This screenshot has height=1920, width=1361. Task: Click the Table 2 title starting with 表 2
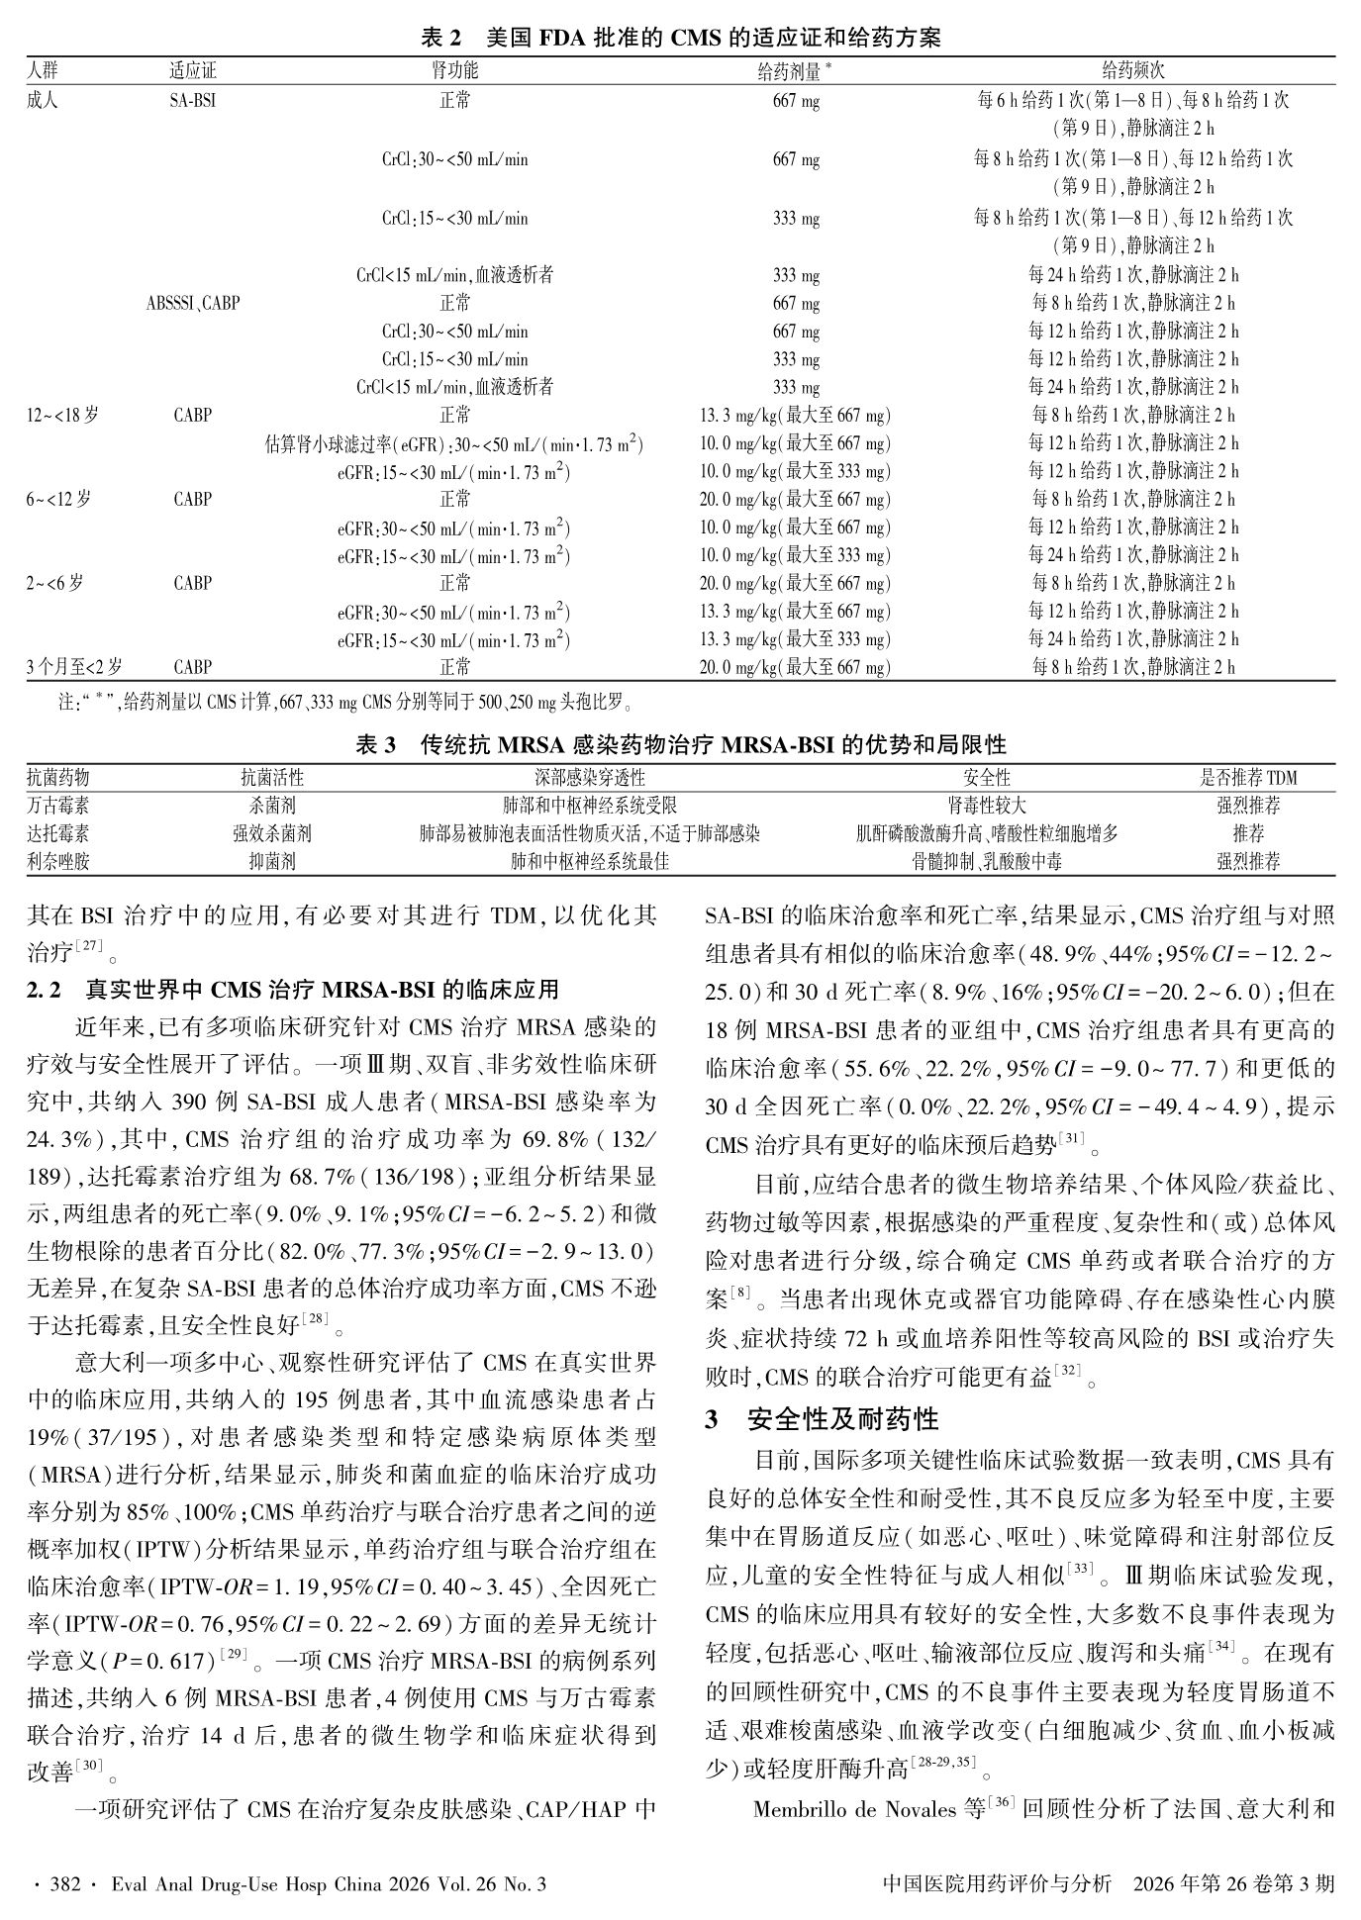pyautogui.click(x=680, y=39)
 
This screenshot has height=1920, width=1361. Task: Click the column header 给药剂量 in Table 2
pyautogui.click(x=792, y=70)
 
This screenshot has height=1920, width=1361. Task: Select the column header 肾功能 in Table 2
pyautogui.click(x=454, y=70)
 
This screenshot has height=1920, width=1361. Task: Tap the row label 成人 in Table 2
pyautogui.click(x=43, y=100)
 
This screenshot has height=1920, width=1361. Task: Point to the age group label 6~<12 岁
pyautogui.click(x=58, y=499)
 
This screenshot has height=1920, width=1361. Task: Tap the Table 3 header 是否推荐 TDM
pyautogui.click(x=1247, y=778)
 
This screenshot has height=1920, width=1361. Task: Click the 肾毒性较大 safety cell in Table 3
pyautogui.click(x=986, y=806)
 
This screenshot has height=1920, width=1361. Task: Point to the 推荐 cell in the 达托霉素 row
pyautogui.click(x=1247, y=833)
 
